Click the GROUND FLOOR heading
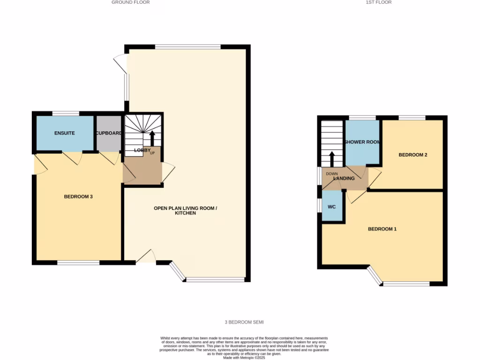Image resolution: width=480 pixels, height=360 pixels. coord(130,2)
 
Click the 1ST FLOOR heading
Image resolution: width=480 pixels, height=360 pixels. coord(378,2)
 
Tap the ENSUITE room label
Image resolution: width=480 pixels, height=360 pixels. coord(64,133)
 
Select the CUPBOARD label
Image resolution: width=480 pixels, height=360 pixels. coord(109,133)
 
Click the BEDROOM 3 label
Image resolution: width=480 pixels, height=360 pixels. coord(78,197)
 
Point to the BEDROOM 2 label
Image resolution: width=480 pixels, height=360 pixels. coord(412,155)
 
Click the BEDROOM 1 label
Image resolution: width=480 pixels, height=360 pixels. coord(382,229)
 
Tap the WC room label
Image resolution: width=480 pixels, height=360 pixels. coord(332,207)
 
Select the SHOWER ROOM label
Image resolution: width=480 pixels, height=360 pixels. coord(362,142)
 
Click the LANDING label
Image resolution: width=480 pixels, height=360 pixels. coord(343,179)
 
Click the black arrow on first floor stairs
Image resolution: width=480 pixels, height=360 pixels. coord(332,159)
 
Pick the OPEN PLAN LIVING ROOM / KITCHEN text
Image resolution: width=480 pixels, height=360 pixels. coord(186,210)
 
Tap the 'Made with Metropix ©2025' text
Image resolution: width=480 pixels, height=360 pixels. coord(244,358)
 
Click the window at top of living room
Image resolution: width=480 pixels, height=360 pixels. coord(187,46)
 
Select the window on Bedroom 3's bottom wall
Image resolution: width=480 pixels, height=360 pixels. coord(78,263)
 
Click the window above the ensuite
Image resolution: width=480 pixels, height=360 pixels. coord(65,113)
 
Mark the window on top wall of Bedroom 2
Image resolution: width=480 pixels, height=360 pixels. coord(412,117)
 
